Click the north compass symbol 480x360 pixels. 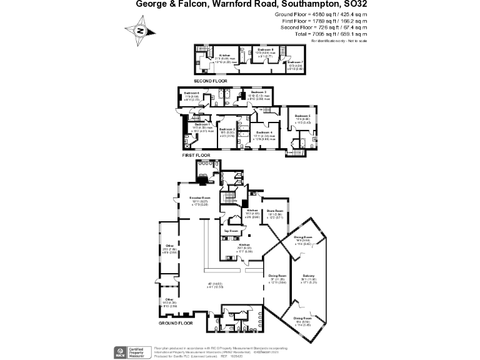141,29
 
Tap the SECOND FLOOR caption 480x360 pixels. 210,81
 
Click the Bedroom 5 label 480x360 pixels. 302,116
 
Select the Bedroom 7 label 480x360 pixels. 295,62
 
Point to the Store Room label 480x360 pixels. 276,211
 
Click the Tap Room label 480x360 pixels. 232,231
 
